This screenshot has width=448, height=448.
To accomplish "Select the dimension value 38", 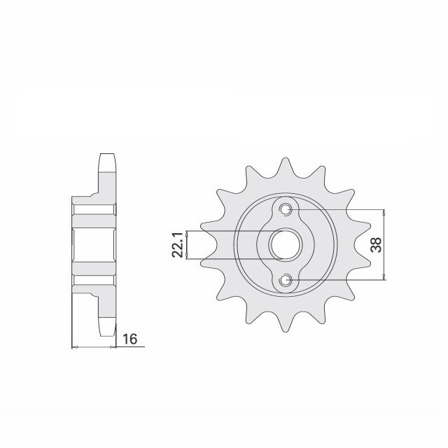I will pyautogui.click(x=376, y=245).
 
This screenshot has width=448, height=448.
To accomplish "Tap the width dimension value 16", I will pyautogui.click(x=129, y=339).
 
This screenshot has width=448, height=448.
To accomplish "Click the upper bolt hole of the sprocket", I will pyautogui.click(x=286, y=209).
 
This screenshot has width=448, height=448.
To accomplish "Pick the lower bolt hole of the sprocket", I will pyautogui.click(x=286, y=281).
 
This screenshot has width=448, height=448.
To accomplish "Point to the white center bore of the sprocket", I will pyautogui.click(x=286, y=245).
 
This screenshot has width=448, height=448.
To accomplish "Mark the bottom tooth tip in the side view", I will pyautogui.click(x=106, y=330).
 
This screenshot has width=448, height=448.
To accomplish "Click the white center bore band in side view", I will pyautogui.click(x=93, y=245).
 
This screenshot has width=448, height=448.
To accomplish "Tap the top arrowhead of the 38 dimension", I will pyautogui.click(x=384, y=212).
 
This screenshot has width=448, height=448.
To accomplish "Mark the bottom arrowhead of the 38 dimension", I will pyautogui.click(x=384, y=278).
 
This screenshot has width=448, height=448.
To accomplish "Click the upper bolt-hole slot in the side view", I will pyautogui.click(x=93, y=209).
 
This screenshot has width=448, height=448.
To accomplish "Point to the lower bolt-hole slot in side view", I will pyautogui.click(x=93, y=280).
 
